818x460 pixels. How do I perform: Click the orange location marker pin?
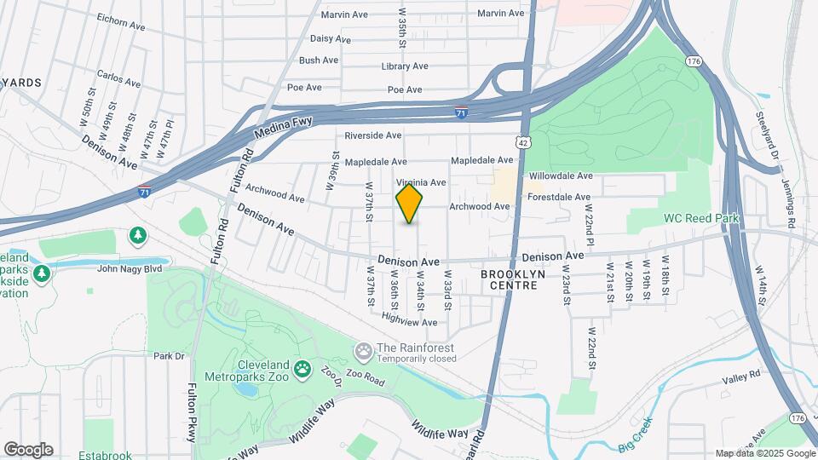point(409,204)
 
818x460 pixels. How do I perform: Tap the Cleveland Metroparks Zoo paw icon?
point(302,370)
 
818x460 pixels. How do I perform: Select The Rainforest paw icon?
point(364,349)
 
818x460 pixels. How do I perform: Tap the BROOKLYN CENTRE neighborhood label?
point(509,280)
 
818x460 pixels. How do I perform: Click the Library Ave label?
point(404,66)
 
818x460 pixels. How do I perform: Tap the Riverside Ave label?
point(372,135)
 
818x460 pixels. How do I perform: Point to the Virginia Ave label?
point(421,182)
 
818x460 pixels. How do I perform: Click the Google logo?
point(28,450)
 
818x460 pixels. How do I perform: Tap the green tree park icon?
point(137,234)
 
